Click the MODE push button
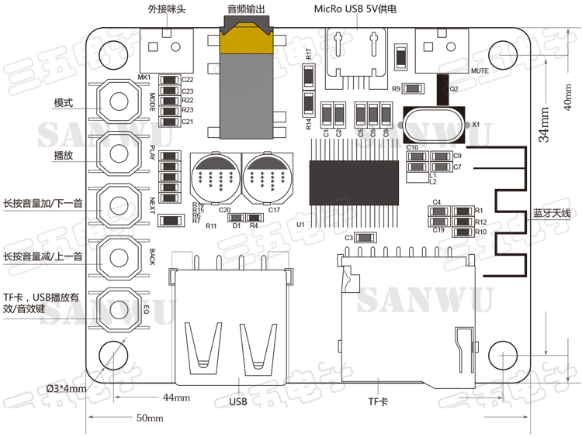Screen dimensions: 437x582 119,102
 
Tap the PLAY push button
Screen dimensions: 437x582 119,153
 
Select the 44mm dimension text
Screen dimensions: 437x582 176,398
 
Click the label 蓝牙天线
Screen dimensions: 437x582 552,213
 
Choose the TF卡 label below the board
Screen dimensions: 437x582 378,402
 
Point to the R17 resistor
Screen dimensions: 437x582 309,76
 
